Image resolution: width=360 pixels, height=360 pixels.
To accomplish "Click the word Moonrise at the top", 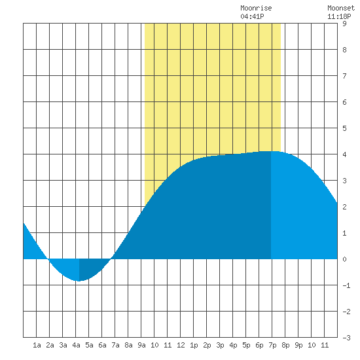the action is pyautogui.click(x=256, y=9).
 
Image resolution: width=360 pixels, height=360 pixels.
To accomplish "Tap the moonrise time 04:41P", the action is pyautogui.click(x=252, y=16).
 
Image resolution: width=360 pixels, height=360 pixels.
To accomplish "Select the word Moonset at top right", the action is pyautogui.click(x=341, y=9).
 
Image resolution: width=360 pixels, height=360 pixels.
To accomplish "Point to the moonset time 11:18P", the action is pyautogui.click(x=339, y=16).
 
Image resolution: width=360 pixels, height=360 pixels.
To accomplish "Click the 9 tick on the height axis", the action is pyautogui.click(x=344, y=24).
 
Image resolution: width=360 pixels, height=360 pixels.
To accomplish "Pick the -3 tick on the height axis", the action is pyautogui.click(x=346, y=338).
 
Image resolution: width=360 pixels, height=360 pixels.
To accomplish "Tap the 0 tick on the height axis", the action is pyautogui.click(x=344, y=259).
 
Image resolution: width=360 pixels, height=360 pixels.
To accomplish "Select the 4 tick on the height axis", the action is pyautogui.click(x=344, y=154).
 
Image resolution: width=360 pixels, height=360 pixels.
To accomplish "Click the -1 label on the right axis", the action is pyautogui.click(x=346, y=285).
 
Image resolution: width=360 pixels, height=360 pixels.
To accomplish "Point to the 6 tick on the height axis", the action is pyautogui.click(x=344, y=102).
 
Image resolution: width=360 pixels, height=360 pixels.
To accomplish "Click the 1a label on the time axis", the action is pyautogui.click(x=37, y=345).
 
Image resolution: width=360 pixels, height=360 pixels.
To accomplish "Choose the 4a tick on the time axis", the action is pyautogui.click(x=76, y=345).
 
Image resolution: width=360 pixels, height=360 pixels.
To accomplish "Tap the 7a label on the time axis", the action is pyautogui.click(x=115, y=345).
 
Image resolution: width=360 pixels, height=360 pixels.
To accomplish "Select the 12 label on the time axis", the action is pyautogui.click(x=181, y=345).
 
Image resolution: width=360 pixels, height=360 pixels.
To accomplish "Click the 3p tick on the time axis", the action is pyautogui.click(x=220, y=345).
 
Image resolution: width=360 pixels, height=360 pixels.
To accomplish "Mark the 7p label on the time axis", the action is pyautogui.click(x=272, y=345).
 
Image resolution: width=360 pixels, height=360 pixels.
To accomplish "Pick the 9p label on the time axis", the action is pyautogui.click(x=298, y=345).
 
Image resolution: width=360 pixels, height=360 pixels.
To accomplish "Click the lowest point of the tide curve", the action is pyautogui.click(x=79, y=281).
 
